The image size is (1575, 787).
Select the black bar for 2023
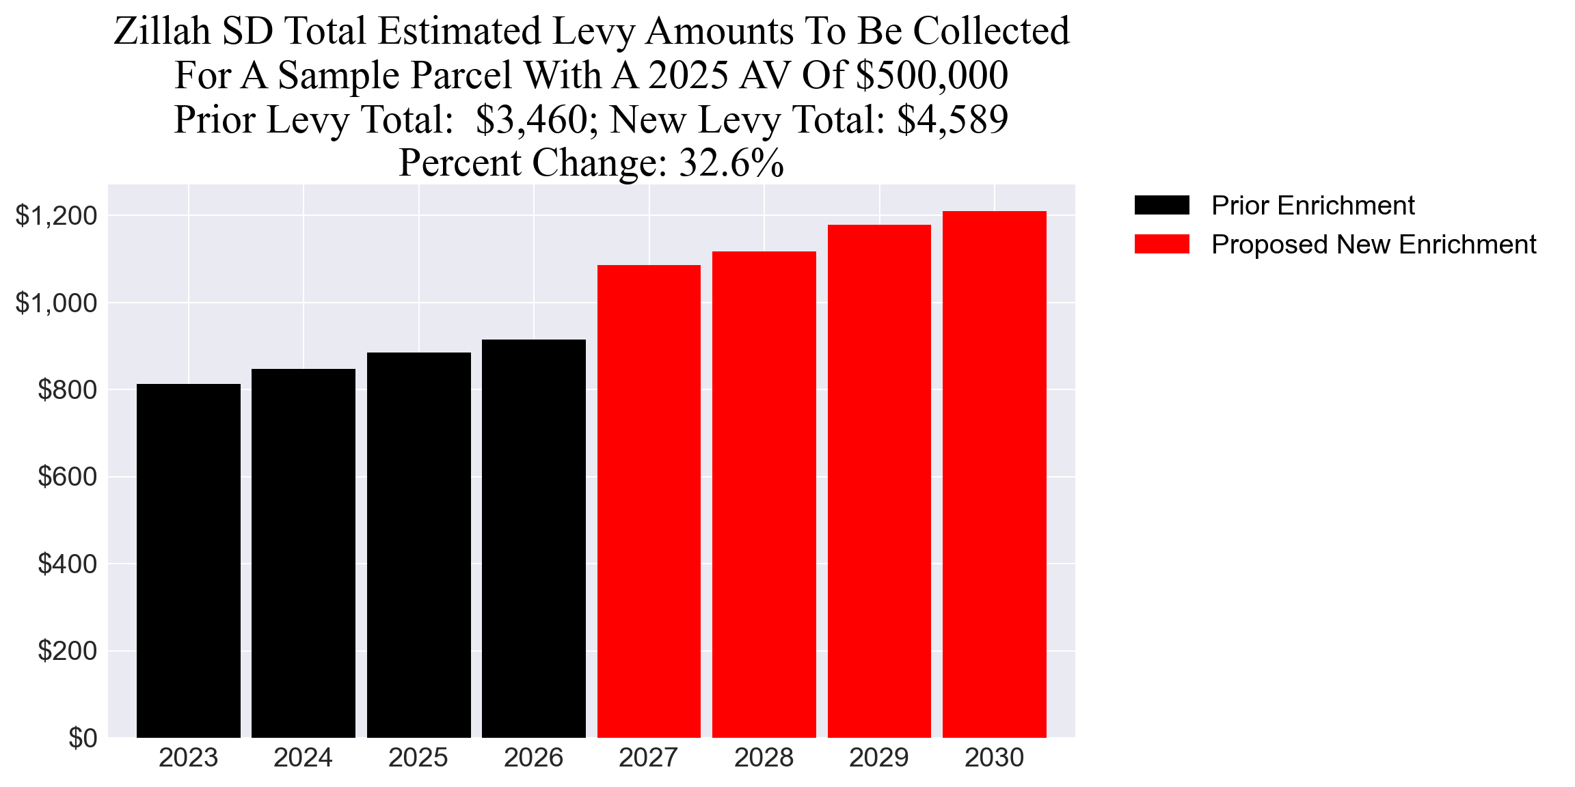[x=188, y=560]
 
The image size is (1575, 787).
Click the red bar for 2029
[x=879, y=481]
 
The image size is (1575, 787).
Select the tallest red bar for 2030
[x=994, y=474]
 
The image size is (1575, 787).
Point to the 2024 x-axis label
[x=303, y=758]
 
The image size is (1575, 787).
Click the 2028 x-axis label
[x=764, y=758]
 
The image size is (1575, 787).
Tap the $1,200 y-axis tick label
[x=56, y=216]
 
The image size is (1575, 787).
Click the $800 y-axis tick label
[x=68, y=390]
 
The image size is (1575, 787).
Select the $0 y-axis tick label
[x=83, y=738]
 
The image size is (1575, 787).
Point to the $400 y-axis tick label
[x=68, y=564]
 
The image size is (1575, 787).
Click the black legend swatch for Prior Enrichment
[x=1161, y=205]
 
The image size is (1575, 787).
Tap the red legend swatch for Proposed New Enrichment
[x=1161, y=244]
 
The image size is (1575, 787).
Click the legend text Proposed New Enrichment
[x=1373, y=244]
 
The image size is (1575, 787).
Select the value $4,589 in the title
[x=952, y=120]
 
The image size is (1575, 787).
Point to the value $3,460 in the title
[x=531, y=120]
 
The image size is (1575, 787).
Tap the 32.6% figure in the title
[x=731, y=163]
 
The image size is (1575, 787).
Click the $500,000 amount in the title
[x=931, y=75]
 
